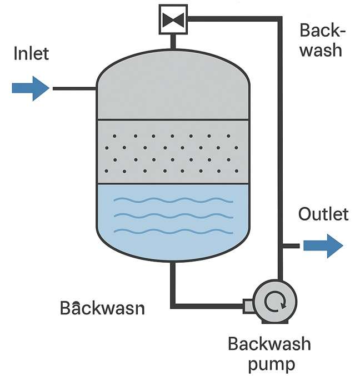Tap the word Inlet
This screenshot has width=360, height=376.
click(31, 54)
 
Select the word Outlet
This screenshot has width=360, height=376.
click(323, 214)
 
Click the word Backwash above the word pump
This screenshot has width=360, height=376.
click(269, 344)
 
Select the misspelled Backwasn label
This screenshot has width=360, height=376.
click(102, 307)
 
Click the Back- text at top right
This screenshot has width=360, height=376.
click(322, 30)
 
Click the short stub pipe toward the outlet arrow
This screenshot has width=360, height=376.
click(289, 245)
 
